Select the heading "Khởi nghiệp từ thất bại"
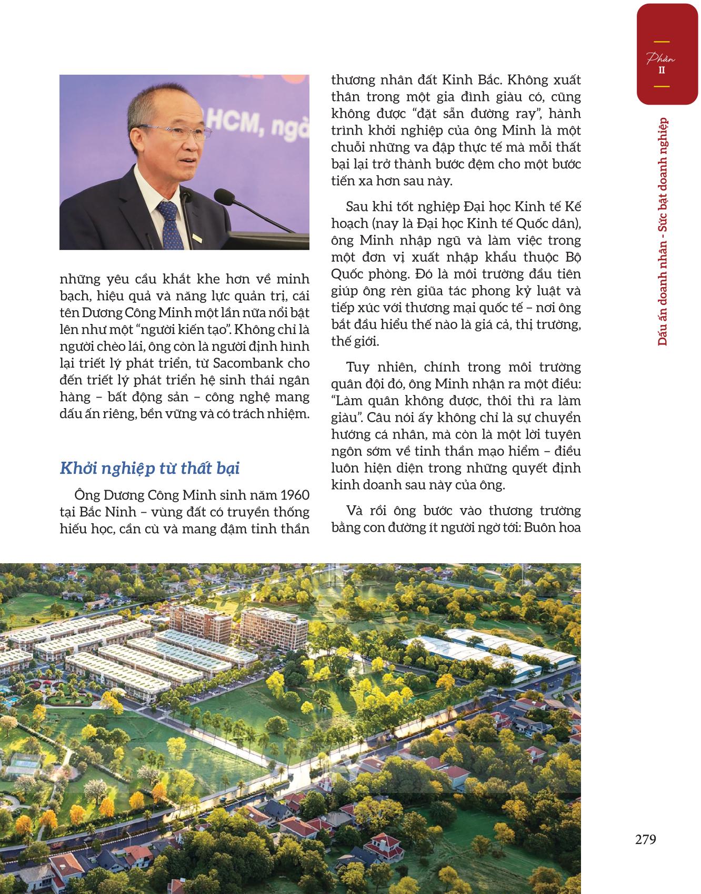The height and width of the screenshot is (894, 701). (150, 468)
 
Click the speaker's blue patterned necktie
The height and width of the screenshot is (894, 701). (168, 221)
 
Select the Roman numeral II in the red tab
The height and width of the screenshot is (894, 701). (662, 70)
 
